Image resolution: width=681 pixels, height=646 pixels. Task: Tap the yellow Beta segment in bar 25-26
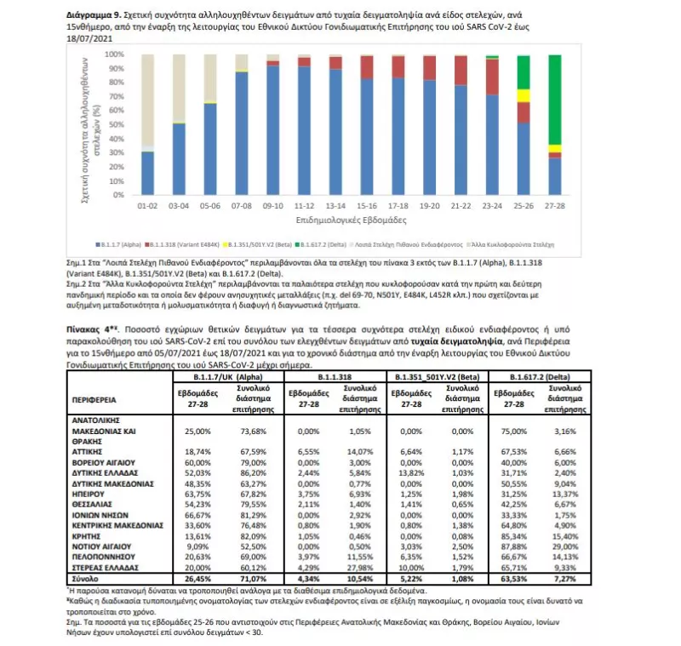(x=524, y=95)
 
